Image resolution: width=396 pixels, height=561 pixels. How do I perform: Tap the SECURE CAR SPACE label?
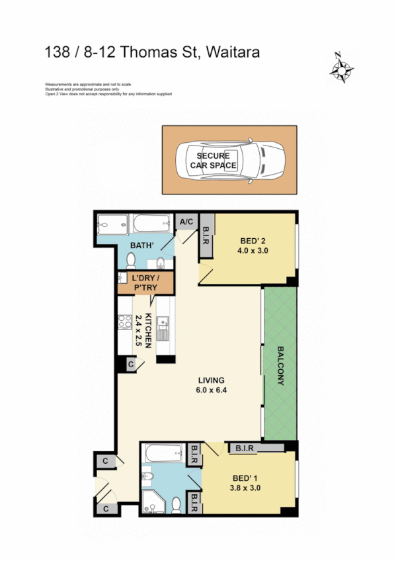pos(213,161)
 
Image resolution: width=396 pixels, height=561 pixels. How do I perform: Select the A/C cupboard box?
pos(186,222)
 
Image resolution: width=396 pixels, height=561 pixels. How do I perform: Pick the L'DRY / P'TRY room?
pos(144,283)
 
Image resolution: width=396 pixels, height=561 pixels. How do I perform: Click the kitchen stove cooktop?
pos(124,323)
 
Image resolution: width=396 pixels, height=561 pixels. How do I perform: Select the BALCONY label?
pos(281,365)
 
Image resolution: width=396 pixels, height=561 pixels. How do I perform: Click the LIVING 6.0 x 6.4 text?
pos(212,385)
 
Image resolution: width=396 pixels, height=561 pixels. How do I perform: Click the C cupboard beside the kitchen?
pos(131,364)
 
